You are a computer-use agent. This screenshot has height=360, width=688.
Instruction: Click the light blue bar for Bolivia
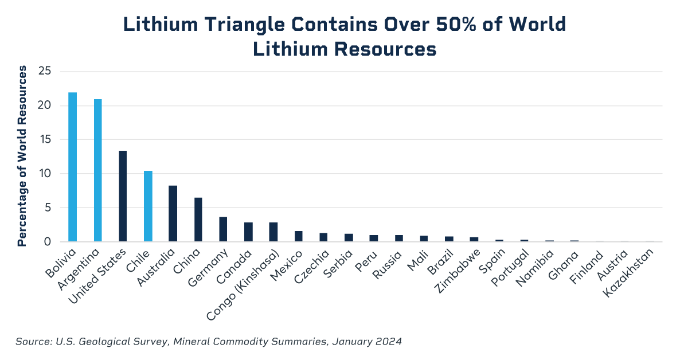pyautogui.click(x=73, y=167)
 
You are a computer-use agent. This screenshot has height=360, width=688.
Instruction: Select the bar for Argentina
pyautogui.click(x=98, y=170)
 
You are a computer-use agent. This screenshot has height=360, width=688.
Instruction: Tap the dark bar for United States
pyautogui.click(x=123, y=196)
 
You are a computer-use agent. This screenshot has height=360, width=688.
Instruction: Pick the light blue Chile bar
pyautogui.click(x=148, y=206)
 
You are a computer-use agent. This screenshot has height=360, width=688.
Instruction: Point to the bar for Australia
pyautogui.click(x=173, y=213)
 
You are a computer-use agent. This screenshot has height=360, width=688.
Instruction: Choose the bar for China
pyautogui.click(x=198, y=220)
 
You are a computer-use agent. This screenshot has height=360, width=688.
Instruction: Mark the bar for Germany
pyautogui.click(x=223, y=229)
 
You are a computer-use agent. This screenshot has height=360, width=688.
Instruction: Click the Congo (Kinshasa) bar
pyautogui.click(x=273, y=232)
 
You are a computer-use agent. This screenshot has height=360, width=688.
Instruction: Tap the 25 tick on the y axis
pyautogui.click(x=45, y=72)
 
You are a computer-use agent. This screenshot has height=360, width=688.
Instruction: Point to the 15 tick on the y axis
pyautogui.click(x=45, y=140)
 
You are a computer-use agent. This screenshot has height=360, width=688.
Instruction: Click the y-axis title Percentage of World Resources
pyautogui.click(x=22, y=156)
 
